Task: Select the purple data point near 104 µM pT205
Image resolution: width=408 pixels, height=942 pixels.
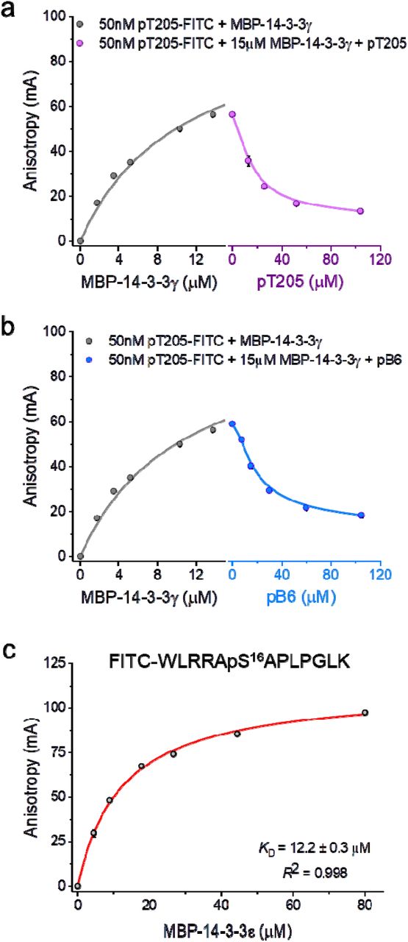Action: point(360,211)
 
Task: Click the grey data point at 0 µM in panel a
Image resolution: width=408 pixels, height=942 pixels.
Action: point(80,241)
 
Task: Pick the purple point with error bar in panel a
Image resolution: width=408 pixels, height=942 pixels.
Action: point(248,160)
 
